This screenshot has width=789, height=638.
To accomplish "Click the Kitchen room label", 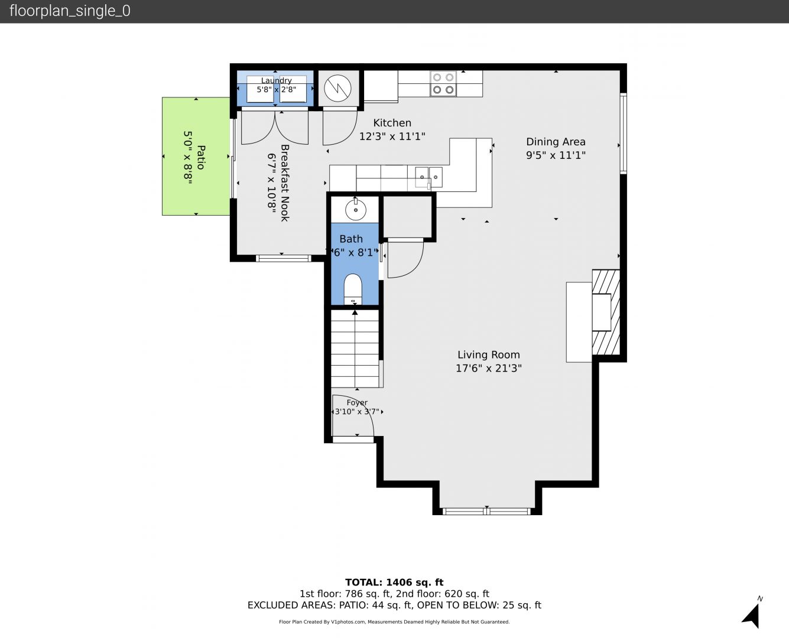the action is [392, 123].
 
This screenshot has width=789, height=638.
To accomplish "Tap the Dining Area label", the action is [556, 142].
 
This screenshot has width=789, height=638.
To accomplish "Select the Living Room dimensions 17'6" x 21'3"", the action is [489, 368].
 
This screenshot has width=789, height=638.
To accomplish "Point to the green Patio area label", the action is [200, 157].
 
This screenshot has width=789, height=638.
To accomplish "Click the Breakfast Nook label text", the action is [284, 183].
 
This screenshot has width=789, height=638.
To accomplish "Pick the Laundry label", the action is [277, 80].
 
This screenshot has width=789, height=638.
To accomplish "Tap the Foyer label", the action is [357, 402].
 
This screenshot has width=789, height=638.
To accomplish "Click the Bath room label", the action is [351, 239].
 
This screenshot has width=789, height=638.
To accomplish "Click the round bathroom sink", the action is [356, 210].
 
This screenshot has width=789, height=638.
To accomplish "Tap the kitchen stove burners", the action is [443, 84].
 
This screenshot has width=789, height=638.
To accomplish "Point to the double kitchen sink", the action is [428, 177].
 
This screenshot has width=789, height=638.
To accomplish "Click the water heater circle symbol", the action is [337, 89].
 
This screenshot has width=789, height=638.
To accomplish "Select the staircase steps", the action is [355, 349].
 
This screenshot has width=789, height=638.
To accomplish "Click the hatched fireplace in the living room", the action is [606, 312].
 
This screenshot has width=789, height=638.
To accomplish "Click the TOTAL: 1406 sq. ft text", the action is [394, 582].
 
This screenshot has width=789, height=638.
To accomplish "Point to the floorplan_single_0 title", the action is [70, 11].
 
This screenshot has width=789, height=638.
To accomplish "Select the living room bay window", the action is [487, 512].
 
